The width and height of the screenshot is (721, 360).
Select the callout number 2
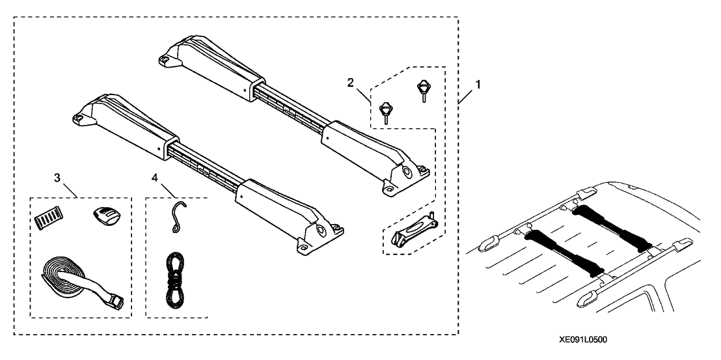click(351, 82)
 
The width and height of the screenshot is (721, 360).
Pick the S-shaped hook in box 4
click(175, 216)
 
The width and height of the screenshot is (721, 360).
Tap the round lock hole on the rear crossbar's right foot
click(408, 173)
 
